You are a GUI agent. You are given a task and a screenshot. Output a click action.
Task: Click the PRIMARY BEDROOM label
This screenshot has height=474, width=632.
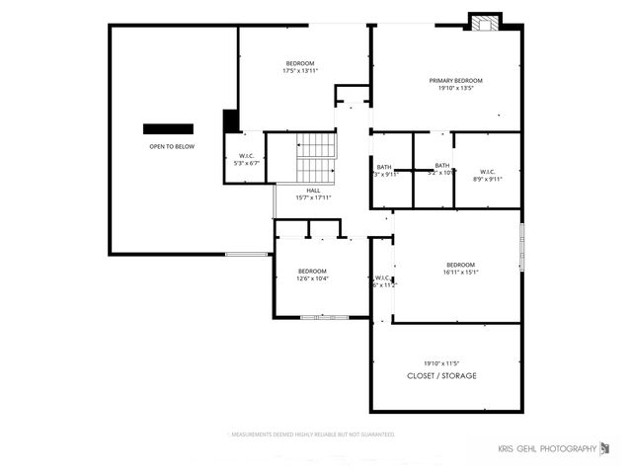coord(455,80)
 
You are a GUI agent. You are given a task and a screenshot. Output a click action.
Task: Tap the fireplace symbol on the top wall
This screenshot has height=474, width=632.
coord(484,23)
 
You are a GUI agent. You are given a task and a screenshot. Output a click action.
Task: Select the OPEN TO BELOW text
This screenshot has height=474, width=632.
coord(172,146)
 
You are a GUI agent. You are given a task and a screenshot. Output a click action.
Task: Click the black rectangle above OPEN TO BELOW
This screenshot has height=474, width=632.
coord(168,128)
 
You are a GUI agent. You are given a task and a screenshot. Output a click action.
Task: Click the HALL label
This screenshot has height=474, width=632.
coord(313,191)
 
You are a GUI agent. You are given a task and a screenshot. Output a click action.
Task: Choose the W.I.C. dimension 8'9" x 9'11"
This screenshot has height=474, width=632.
coord(488,179)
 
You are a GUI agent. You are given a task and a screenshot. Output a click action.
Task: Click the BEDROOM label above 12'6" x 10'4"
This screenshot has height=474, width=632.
coord(312,271)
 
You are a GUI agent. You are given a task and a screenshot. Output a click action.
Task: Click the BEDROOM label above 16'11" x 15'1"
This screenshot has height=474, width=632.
coord(460,265)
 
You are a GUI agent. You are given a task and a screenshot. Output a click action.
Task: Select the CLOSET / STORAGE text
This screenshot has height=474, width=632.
coord(442,376)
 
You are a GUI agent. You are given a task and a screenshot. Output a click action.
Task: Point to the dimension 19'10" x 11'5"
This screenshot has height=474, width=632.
coord(442,362)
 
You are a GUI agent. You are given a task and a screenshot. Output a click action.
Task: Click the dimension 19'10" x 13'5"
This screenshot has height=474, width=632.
coord(455,88)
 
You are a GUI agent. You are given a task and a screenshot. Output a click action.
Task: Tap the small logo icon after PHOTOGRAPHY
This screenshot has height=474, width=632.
coord(605,448)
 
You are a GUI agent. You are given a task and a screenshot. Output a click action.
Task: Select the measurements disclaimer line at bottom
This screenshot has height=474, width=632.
coord(313,434)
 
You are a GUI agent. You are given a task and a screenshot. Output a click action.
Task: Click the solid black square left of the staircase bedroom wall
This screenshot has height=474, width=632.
coord(231,120)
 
